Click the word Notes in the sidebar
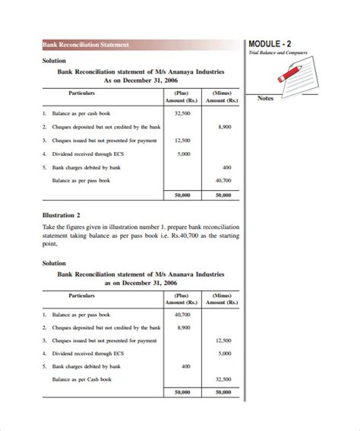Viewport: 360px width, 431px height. pos(266,98)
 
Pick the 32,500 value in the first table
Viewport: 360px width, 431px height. pos(182,113)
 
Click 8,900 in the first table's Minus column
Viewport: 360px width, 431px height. pos(224,126)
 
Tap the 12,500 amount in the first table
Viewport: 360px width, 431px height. pos(182,140)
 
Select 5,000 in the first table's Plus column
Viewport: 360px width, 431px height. pos(183,154)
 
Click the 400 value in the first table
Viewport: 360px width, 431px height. pos(226,167)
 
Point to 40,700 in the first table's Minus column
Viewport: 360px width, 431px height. pos(224,180)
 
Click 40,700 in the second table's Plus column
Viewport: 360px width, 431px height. pos(182,313)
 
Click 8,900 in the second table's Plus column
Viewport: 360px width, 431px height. pos(183,327)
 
